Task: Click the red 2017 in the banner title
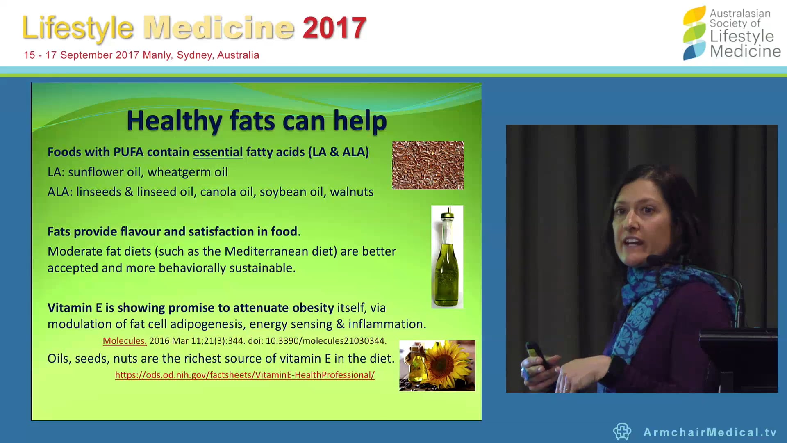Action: [x=334, y=28]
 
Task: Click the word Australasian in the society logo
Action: [x=740, y=14]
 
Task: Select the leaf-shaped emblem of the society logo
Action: [x=694, y=33]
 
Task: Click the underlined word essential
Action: [x=218, y=152]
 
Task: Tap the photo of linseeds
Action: [x=428, y=165]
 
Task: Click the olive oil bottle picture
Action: [x=447, y=257]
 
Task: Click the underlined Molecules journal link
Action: [x=125, y=341]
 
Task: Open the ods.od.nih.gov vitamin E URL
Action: [x=245, y=375]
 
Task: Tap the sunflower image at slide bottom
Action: [x=437, y=365]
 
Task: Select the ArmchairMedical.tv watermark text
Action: [x=710, y=432]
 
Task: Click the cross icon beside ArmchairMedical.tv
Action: [x=622, y=432]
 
